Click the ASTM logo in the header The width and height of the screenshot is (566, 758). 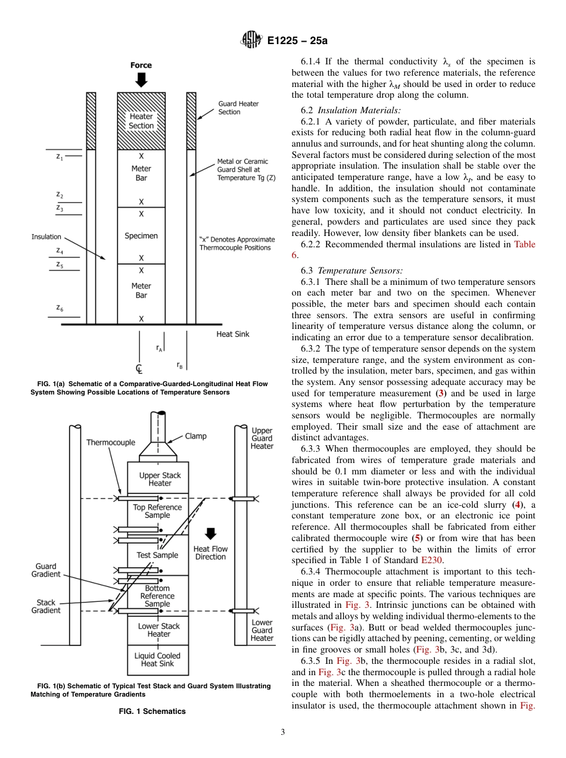[x=251, y=41]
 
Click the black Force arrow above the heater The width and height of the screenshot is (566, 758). [x=141, y=80]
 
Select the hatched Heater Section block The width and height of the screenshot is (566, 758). [x=141, y=121]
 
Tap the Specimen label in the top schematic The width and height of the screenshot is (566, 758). [x=141, y=236]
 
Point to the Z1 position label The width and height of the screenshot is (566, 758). [x=60, y=157]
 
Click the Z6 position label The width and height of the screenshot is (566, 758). [x=60, y=307]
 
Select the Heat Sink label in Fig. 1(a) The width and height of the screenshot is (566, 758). [x=232, y=334]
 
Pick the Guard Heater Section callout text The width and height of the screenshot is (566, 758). [x=238, y=108]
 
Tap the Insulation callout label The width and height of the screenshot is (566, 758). [x=46, y=237]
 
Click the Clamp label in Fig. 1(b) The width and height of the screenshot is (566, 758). [x=195, y=436]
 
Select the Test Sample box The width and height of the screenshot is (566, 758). [x=157, y=555]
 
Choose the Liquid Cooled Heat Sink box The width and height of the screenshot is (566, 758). [x=157, y=660]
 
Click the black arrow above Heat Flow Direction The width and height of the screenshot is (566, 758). [x=210, y=533]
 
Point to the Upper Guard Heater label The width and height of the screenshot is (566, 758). [x=262, y=438]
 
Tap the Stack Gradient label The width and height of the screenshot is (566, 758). [x=46, y=606]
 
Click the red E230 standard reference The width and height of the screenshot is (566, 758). [x=431, y=560]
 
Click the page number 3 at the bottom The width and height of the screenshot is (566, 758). [x=282, y=732]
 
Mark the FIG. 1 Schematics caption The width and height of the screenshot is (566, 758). [x=152, y=711]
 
